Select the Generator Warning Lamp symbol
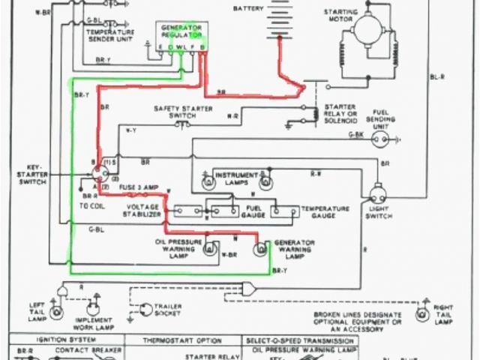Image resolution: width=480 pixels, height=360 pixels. coord(262,248)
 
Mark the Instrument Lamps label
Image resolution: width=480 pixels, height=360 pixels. coord(235,178)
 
